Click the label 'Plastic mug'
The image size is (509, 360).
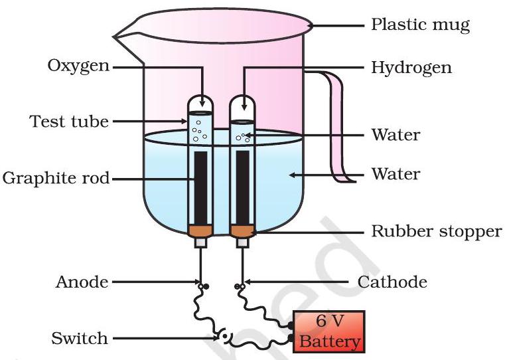point(419,26)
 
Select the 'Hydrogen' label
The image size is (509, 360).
point(411,68)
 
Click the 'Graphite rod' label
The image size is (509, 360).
point(56,178)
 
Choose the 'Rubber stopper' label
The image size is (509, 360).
point(435,232)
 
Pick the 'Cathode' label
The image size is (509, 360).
point(392,282)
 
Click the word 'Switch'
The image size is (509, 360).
point(79,338)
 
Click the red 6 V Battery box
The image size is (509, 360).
point(330,331)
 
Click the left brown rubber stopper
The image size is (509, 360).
point(200,230)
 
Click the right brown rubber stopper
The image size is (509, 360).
point(242,230)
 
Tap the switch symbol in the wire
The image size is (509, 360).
point(225,337)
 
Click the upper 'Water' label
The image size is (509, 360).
point(396,135)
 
